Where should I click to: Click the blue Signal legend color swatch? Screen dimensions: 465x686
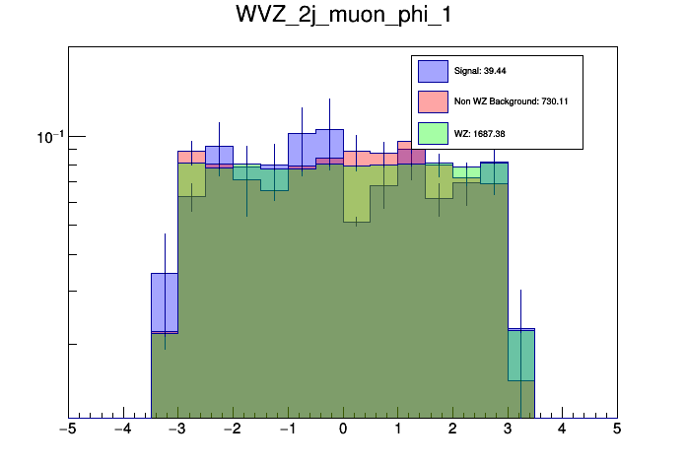coord(433,71)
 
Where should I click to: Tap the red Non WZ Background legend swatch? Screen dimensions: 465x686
coord(433,101)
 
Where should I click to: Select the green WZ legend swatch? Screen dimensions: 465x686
coord(433,132)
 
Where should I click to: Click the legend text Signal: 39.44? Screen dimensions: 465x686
coord(480,71)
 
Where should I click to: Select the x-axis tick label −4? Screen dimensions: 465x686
coord(122,430)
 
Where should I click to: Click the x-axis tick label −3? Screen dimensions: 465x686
coord(177,430)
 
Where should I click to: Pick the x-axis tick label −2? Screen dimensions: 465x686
coord(232,430)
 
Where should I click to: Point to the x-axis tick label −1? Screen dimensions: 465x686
coord(287,430)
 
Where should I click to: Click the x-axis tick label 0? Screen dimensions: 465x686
coord(343,430)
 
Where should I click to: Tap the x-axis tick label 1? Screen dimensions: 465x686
coord(397,430)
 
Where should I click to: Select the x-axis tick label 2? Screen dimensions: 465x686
coord(452,430)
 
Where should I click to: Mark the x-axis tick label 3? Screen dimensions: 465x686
coord(508,430)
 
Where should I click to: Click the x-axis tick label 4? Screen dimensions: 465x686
coord(562,430)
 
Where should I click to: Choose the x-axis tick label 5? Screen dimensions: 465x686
coord(617,430)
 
